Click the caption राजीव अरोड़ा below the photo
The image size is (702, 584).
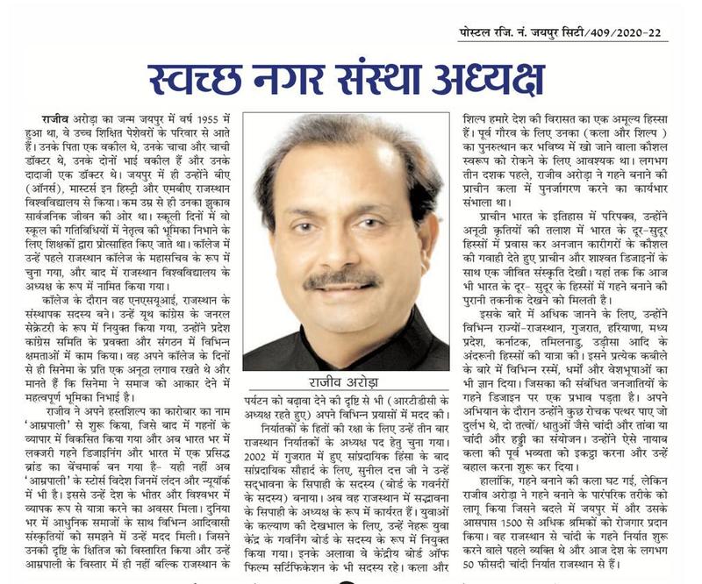pyautogui.click(x=347, y=386)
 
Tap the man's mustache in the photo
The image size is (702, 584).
pyautogui.click(x=343, y=281)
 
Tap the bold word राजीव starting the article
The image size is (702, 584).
pyautogui.click(x=55, y=118)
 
